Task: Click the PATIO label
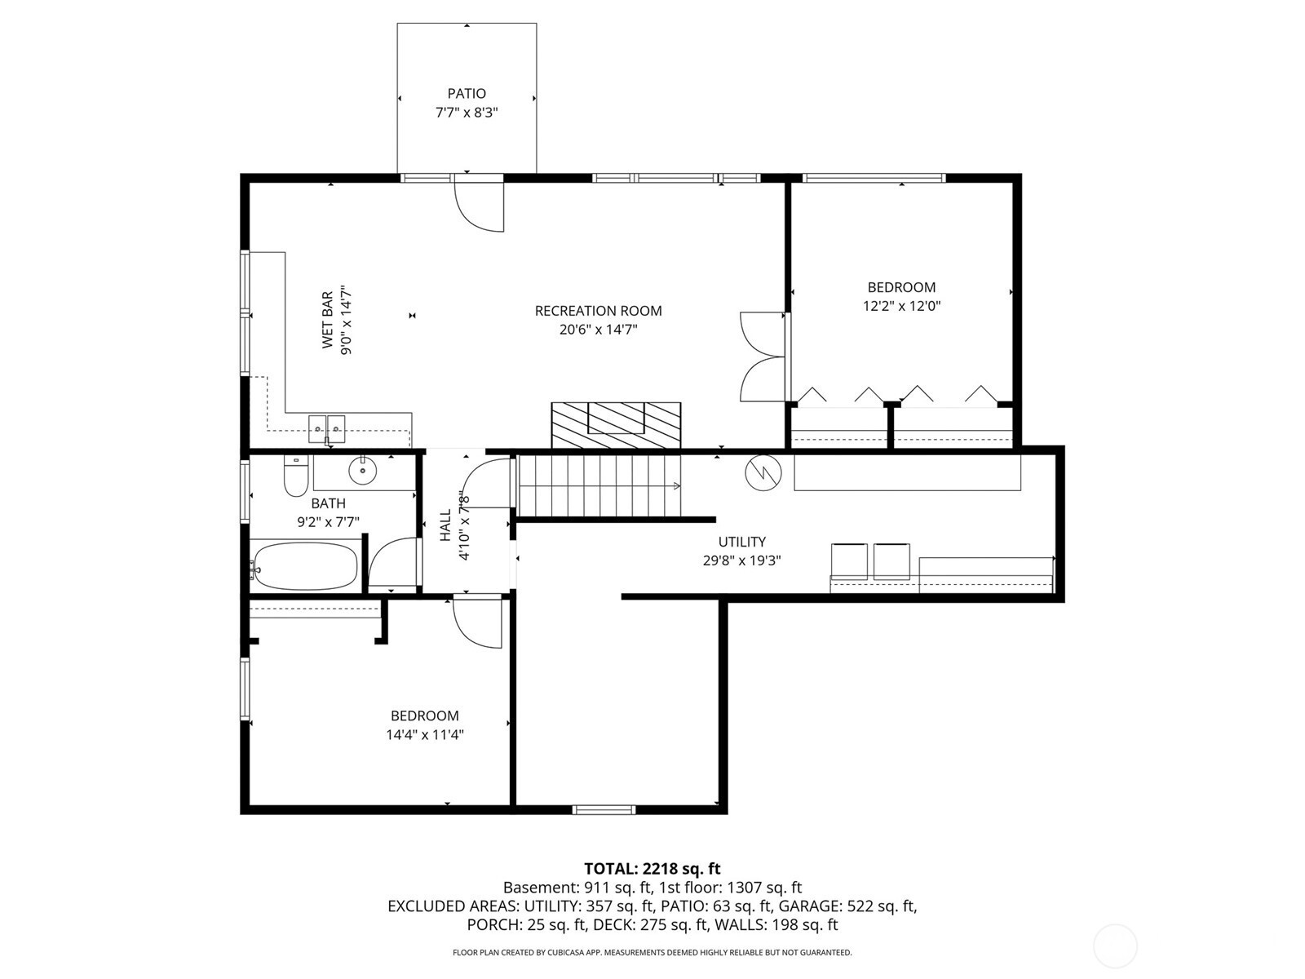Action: click(x=467, y=93)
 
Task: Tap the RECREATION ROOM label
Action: click(x=598, y=311)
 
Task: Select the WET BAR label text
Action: click(x=327, y=320)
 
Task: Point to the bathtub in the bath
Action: click(x=304, y=566)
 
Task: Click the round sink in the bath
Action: click(x=362, y=471)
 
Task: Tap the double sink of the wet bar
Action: click(x=326, y=428)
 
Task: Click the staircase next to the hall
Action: click(x=599, y=485)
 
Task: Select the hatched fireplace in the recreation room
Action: click(x=616, y=425)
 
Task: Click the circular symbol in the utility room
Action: click(x=763, y=473)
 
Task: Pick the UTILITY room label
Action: click(x=741, y=542)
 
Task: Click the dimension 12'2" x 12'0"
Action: click(x=901, y=306)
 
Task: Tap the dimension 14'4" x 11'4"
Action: click(x=424, y=735)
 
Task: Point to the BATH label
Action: click(x=328, y=503)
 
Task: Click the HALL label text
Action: click(x=445, y=525)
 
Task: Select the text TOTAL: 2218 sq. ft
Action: click(x=652, y=868)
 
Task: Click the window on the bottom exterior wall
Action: click(x=604, y=809)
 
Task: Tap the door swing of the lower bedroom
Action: click(x=477, y=623)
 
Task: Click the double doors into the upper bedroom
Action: click(x=763, y=357)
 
